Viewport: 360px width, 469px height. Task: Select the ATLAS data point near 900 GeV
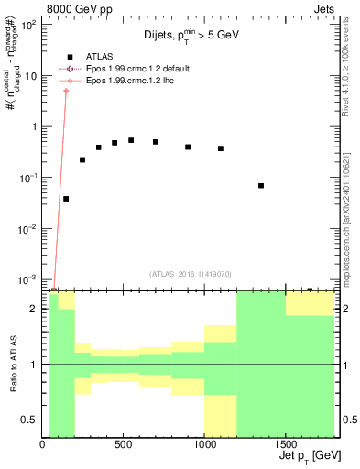188,147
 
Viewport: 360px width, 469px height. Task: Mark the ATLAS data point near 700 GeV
156,142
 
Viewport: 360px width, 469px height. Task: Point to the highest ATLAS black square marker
131,140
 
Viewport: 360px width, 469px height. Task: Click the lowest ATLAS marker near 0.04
66,199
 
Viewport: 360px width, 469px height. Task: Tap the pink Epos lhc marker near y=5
66,91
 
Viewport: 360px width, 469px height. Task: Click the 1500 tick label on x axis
285,445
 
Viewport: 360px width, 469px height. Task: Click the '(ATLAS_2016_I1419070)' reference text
189,274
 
